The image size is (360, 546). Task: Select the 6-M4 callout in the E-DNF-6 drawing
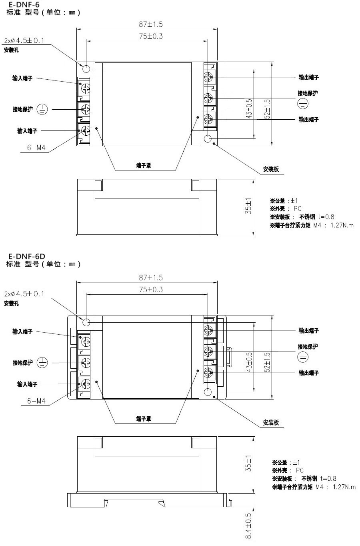36,148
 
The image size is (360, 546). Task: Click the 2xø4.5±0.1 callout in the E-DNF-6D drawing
24,294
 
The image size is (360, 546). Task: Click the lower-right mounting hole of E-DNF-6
208,139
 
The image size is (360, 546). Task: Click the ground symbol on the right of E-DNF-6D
303,357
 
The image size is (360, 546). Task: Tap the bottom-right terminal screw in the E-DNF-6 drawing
208,119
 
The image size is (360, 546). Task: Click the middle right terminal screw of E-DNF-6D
208,351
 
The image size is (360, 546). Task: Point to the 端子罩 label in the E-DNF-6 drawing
144,166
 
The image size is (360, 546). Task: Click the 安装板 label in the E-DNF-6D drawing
271,423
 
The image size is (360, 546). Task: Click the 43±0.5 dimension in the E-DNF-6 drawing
249,108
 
